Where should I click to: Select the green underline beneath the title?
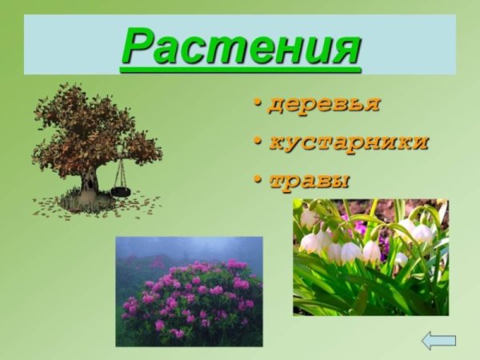tap(241, 71)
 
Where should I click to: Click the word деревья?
tap(324, 105)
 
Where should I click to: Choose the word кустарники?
tap(348, 142)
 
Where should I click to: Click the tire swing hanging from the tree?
tap(121, 192)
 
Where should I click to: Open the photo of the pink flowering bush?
tap(189, 291)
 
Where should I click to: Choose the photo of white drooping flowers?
tap(370, 256)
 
